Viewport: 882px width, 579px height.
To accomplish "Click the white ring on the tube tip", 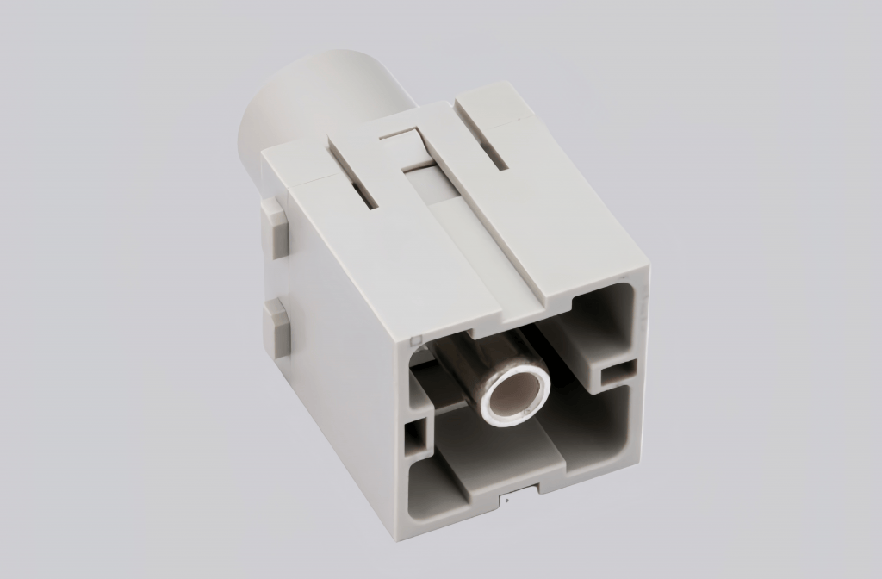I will coord(493,413).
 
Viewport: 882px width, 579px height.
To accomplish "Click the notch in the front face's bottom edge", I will coord(519,493).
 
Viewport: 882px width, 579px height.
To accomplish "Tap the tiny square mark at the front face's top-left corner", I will coord(415,338).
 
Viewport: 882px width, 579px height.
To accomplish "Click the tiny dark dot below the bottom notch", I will coord(508,499).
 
